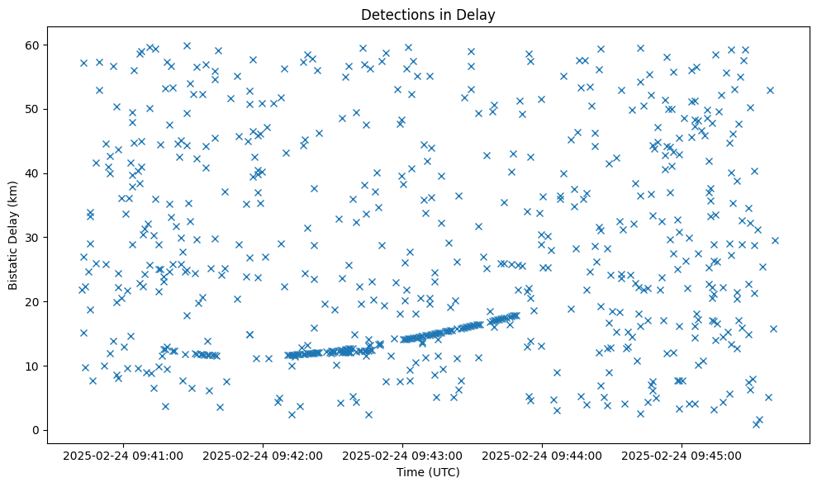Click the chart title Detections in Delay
pyautogui.click(x=428, y=14)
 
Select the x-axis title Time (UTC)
pyautogui.click(x=428, y=472)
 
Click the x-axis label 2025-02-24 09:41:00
pyautogui.click(x=124, y=455)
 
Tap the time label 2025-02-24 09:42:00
pyautogui.click(x=264, y=455)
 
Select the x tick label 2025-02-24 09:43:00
pyautogui.click(x=403, y=455)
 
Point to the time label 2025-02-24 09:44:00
pyautogui.click(x=543, y=455)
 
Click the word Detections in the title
pyautogui.click(x=394, y=14)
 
